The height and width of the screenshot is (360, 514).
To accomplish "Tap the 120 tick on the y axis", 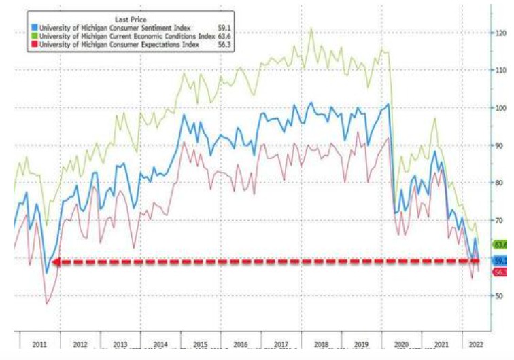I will (502, 33).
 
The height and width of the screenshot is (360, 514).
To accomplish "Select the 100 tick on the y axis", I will (502, 108).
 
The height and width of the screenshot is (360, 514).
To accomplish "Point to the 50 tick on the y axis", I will (500, 296).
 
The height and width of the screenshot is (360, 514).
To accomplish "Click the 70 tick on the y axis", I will (500, 221).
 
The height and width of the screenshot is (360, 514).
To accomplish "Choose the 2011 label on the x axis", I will (39, 344).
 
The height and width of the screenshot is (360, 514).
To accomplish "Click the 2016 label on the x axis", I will (241, 344).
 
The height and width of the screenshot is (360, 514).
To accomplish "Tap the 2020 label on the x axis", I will (401, 344).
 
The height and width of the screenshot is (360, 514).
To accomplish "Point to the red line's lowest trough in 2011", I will (48, 303).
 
